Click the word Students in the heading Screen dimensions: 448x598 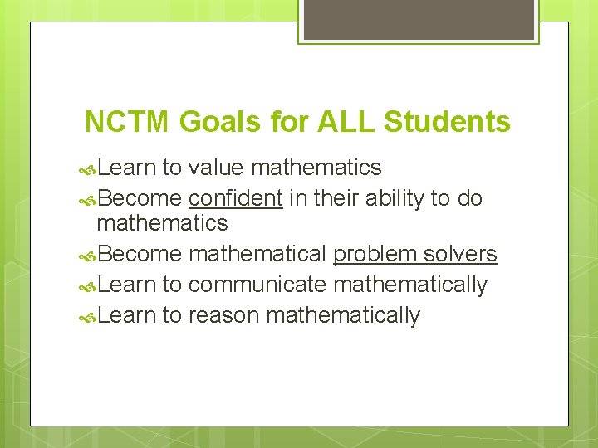[446, 123]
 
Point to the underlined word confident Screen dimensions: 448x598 [236, 199]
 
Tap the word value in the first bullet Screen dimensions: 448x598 [215, 168]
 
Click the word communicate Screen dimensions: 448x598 [257, 285]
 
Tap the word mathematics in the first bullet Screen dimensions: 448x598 [316, 168]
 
